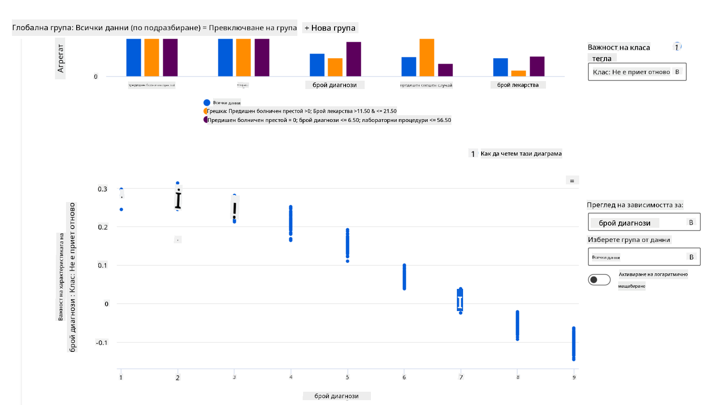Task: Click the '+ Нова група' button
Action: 330,28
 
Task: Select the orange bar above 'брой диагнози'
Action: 335,67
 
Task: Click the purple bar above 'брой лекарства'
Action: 537,66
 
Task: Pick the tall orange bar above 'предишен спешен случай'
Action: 427,58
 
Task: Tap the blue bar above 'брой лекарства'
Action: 500,67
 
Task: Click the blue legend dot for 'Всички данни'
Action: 206,103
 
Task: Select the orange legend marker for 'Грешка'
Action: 206,111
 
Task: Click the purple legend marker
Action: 206,120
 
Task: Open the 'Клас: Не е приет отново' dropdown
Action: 637,72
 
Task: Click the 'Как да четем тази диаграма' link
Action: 521,154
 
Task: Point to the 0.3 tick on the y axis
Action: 102,189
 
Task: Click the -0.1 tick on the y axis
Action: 101,343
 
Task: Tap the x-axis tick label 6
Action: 404,378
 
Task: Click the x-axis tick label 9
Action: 574,378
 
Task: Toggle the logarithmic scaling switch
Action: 599,280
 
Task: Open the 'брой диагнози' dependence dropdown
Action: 644,222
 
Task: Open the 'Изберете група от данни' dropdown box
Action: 644,257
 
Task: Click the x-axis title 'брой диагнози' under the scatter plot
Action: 336,396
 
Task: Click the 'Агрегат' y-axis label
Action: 61,58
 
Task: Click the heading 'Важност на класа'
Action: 619,47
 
